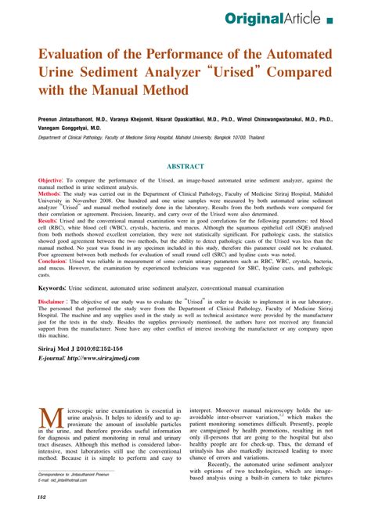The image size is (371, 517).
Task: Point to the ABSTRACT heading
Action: [185, 166]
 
